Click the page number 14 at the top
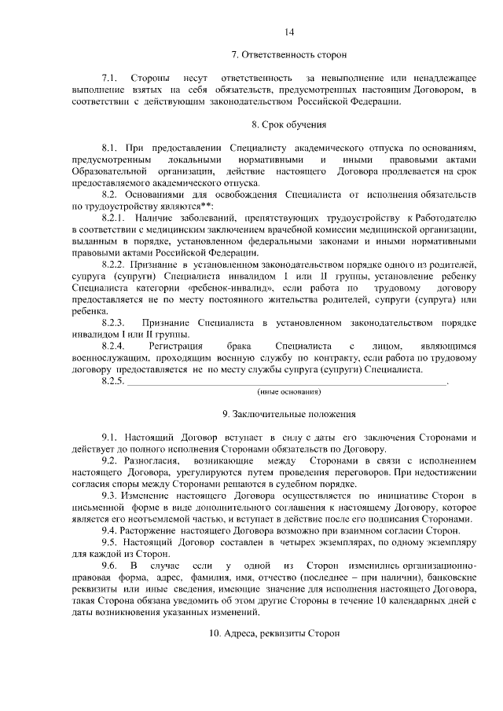coord(289,32)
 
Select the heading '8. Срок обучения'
coord(289,124)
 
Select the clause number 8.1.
coord(109,148)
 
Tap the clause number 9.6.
coord(109,565)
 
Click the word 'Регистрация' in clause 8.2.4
coord(175,346)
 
